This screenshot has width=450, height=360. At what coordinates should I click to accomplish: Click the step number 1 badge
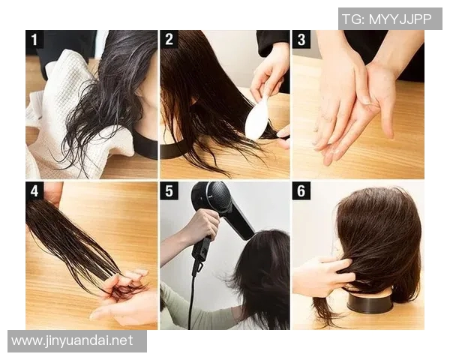click(34, 39)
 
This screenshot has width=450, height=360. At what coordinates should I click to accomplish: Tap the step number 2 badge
click(169, 39)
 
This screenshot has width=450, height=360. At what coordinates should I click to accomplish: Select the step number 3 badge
click(301, 39)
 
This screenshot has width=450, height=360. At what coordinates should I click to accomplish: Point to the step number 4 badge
click(34, 190)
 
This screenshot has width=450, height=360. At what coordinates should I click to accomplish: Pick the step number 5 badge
click(169, 190)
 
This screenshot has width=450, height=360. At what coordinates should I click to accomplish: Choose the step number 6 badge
click(301, 190)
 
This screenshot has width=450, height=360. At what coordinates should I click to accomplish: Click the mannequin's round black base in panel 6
click(370, 301)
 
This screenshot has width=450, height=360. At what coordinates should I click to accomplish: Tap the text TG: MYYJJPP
click(387, 19)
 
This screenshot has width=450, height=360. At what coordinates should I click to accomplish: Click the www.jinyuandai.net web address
click(72, 340)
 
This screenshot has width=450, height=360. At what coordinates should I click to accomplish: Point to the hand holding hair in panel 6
click(322, 275)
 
